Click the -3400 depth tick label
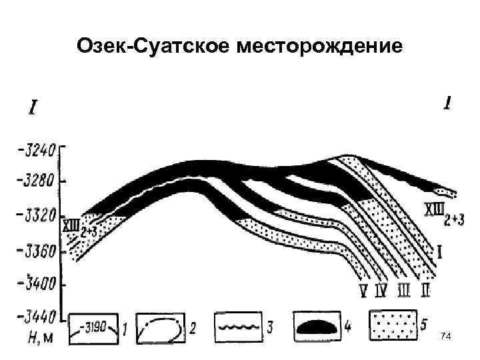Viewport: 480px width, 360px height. pos(37,284)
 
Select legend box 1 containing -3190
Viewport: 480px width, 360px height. pos(96,328)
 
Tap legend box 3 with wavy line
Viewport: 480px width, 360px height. pos(239,328)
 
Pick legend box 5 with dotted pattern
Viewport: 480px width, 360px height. pos(393,327)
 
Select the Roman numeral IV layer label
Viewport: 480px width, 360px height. pos(381,291)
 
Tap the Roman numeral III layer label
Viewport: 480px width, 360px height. pos(403,291)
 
